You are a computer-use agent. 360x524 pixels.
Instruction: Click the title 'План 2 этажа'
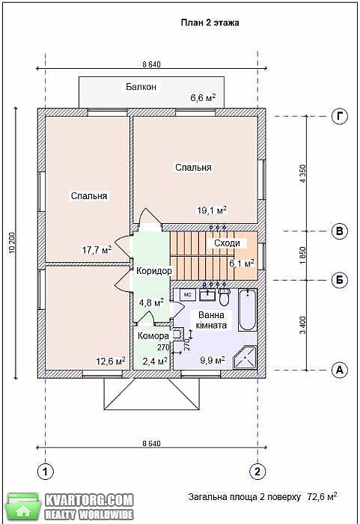(x=210, y=22)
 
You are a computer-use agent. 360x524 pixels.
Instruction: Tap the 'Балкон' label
(x=141, y=87)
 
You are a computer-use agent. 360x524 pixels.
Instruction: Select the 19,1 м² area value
(x=212, y=210)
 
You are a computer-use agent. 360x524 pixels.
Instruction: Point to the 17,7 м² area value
(x=97, y=249)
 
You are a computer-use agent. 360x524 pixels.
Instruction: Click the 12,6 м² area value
(x=111, y=362)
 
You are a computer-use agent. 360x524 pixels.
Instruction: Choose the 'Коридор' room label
(x=154, y=271)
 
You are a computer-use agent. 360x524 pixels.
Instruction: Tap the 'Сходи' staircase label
(x=227, y=243)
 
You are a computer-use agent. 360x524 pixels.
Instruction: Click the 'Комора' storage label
(x=153, y=336)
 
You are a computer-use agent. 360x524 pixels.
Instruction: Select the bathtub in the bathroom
(x=248, y=310)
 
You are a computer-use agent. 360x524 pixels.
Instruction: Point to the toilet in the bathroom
(x=225, y=296)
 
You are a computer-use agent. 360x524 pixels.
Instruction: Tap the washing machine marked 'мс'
(x=188, y=294)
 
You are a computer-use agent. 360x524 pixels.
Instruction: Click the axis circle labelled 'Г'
(x=340, y=116)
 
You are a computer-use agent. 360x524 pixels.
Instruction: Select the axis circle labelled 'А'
(x=340, y=370)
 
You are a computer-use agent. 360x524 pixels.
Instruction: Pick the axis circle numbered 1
(x=45, y=472)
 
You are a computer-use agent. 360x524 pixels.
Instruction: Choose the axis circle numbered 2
(x=257, y=472)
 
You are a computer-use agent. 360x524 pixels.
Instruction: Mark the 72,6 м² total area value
(x=322, y=496)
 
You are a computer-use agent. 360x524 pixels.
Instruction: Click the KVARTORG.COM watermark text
(x=89, y=500)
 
